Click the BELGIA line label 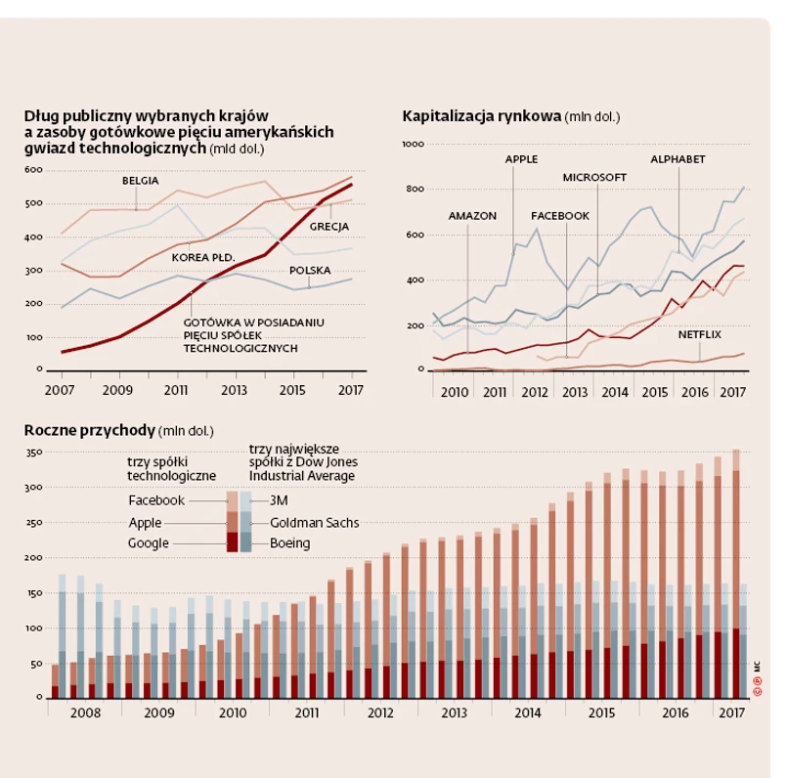141,181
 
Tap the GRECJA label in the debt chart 329,227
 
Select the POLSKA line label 310,270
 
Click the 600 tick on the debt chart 34,169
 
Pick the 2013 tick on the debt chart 235,390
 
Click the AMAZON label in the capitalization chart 472,215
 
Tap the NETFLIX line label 699,335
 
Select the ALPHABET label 678,158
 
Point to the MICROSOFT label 593,177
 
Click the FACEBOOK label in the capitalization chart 559,215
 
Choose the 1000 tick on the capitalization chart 412,144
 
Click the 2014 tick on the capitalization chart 614,392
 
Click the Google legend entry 149,543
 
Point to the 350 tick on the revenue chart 32,453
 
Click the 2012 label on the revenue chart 380,713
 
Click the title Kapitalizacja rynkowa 481,117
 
